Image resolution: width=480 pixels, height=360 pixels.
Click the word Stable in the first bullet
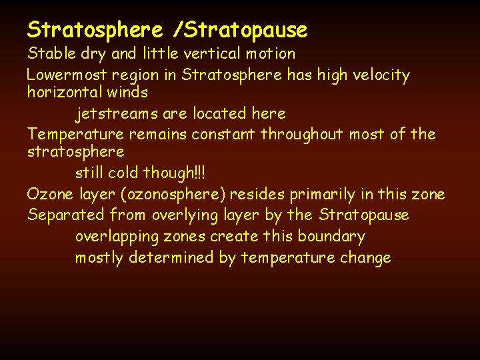(47, 53)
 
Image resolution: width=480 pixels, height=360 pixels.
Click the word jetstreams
(116, 114)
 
